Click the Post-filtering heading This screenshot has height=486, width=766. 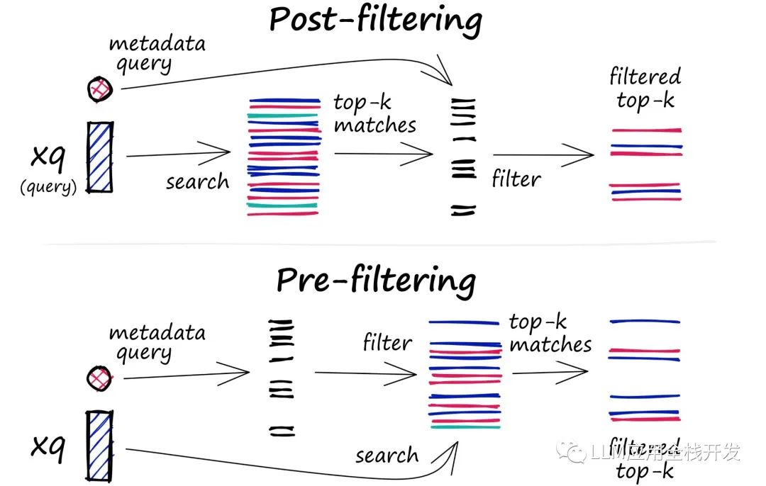click(x=376, y=21)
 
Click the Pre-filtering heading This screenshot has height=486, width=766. click(x=376, y=281)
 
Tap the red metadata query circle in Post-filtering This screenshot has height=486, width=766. click(x=100, y=89)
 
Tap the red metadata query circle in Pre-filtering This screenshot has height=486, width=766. click(x=100, y=378)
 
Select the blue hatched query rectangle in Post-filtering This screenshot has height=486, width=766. click(x=101, y=157)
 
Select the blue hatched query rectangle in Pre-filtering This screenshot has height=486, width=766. click(x=100, y=446)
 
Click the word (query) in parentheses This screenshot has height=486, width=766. click(x=48, y=187)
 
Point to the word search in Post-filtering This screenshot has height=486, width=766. click(x=197, y=181)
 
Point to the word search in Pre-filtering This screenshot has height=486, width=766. click(x=387, y=456)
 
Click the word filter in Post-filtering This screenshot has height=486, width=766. click(x=516, y=179)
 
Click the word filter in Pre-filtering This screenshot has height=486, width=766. click(x=387, y=342)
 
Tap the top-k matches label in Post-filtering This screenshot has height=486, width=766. click(x=374, y=113)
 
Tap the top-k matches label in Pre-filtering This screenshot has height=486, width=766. click(x=550, y=333)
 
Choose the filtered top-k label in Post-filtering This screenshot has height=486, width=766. click(x=645, y=89)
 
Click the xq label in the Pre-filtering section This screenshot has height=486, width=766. click(x=48, y=447)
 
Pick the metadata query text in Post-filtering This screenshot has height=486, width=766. click(x=157, y=54)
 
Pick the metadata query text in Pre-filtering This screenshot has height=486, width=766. click(x=157, y=343)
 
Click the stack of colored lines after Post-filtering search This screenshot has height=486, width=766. click(x=284, y=157)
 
